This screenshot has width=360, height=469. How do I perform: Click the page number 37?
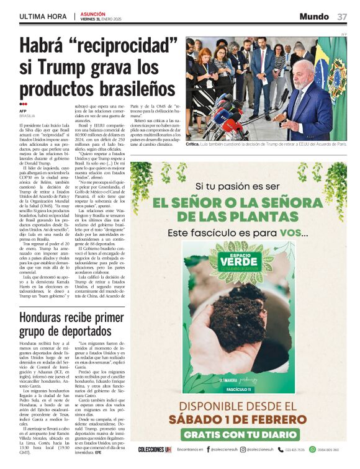[x=342, y=17]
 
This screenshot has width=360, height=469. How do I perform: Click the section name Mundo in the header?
[x=313, y=17]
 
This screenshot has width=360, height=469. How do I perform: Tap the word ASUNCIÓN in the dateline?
[x=92, y=14]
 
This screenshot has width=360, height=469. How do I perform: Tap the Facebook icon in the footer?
[x=207, y=450]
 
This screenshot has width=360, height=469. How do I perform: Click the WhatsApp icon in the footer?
[x=312, y=450]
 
